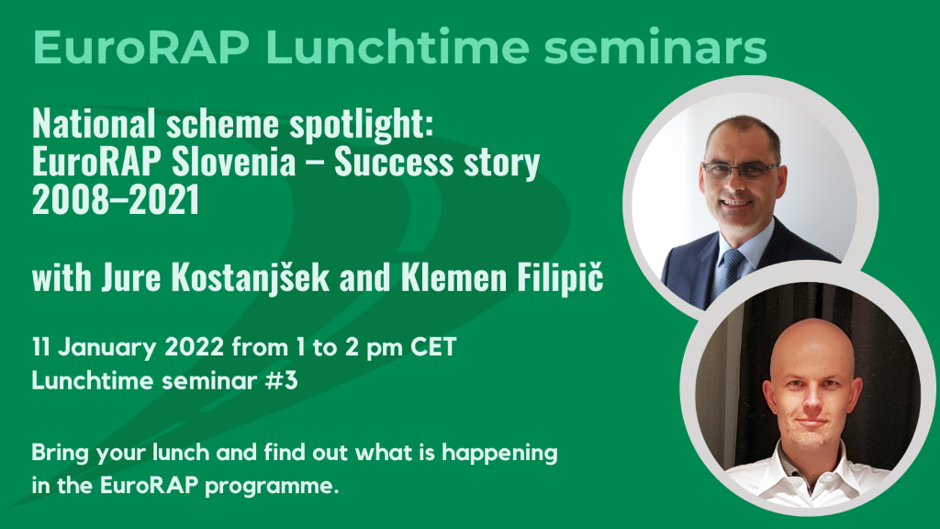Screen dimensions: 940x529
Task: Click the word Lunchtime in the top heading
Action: pos(397,46)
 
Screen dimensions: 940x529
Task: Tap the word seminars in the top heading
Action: pos(655,47)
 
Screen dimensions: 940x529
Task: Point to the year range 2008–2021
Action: pos(116,200)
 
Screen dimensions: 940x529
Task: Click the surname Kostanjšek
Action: pos(250,277)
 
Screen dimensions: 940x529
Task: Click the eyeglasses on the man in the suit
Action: pos(741,171)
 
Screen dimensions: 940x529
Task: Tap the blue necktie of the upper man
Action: pos(730,271)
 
